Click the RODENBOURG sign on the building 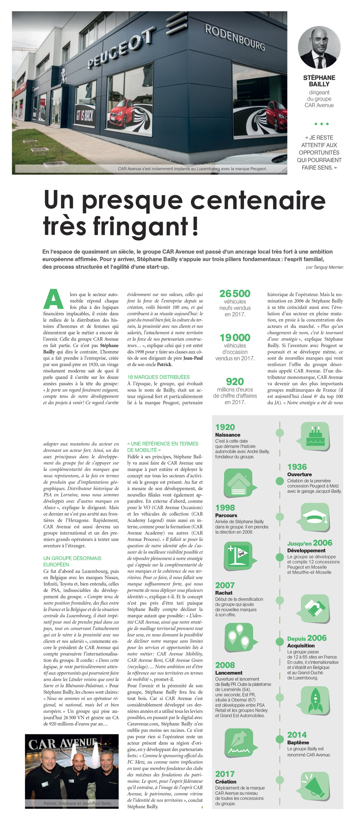tap(234, 38)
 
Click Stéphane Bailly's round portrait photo tap(319, 47)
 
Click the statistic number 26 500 tap(235, 294)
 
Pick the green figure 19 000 tap(235, 337)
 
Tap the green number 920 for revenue tap(235, 382)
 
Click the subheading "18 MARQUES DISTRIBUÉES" tap(158, 377)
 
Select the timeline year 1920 tap(225, 427)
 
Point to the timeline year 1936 tap(297, 467)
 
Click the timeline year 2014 tap(297, 735)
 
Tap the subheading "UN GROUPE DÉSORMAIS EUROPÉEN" tap(72, 561)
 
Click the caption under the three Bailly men tap(78, 803)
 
